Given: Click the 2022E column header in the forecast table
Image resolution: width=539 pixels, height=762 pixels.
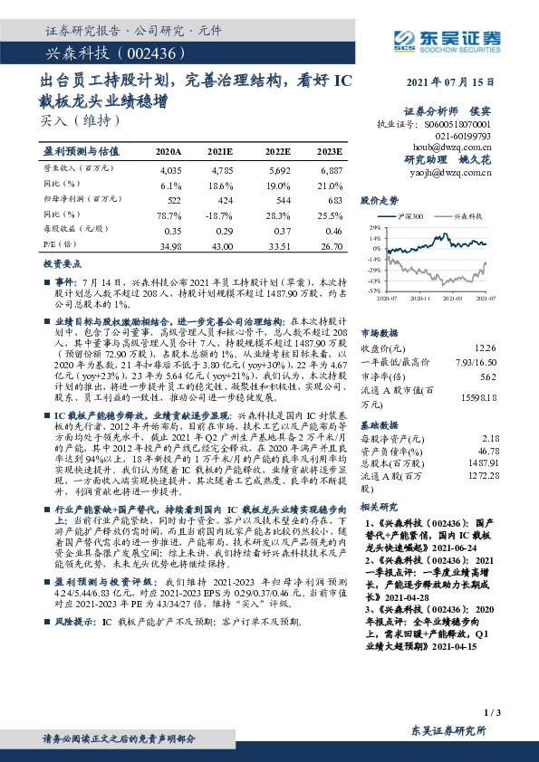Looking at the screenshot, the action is coord(279,151).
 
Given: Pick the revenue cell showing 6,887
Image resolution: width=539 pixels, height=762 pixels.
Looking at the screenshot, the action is coord(332,170).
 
